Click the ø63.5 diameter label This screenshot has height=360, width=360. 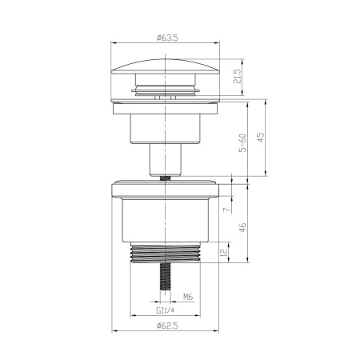(167, 37)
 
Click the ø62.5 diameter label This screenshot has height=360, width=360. (167, 326)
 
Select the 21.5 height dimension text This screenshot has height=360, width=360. (238, 78)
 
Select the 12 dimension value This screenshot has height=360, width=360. (226, 254)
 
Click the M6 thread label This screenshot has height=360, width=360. (189, 296)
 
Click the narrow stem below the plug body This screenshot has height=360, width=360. (166, 158)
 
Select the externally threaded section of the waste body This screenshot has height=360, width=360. (166, 255)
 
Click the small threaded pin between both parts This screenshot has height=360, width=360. (166, 178)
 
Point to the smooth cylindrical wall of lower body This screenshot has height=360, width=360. (166, 224)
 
